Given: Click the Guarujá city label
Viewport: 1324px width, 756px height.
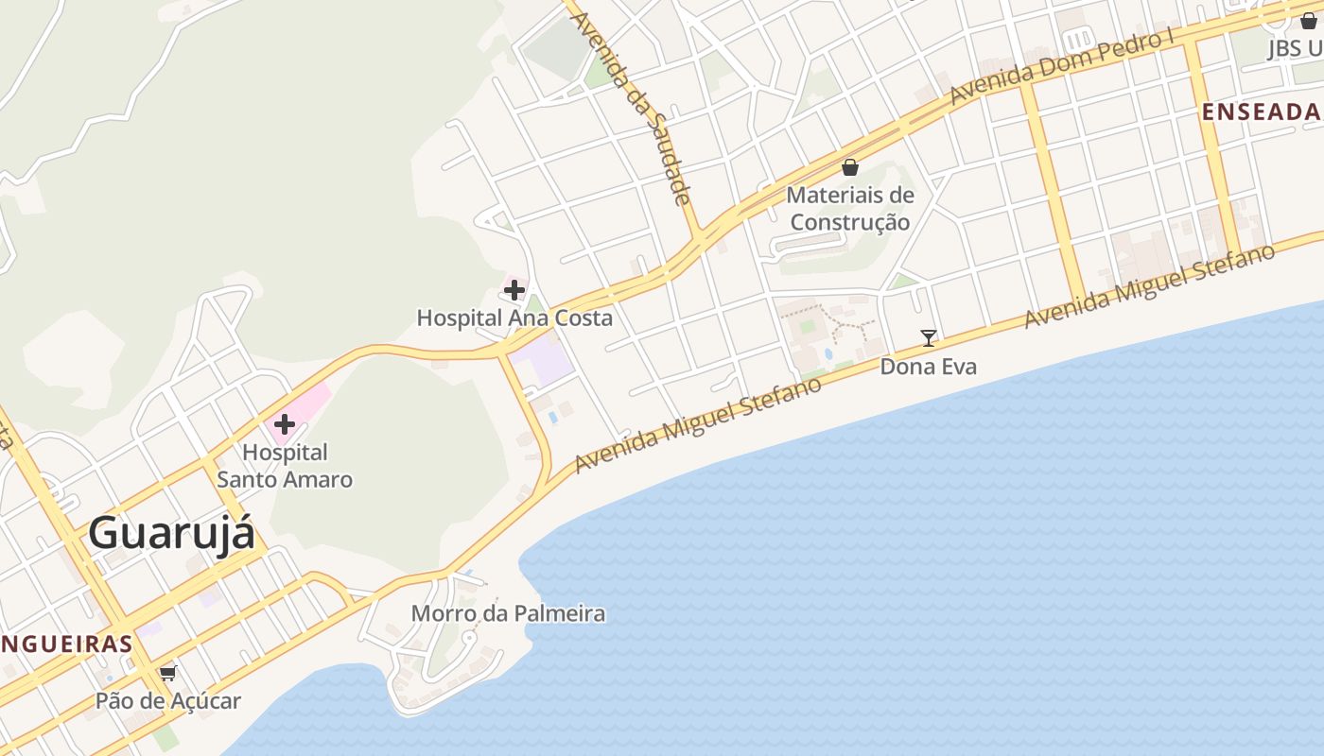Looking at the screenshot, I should (172, 534).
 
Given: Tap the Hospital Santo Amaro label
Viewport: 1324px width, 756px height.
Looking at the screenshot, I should (285, 466).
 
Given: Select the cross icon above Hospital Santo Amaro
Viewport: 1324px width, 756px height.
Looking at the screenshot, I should (285, 423).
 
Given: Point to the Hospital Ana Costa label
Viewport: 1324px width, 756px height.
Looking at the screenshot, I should (514, 318).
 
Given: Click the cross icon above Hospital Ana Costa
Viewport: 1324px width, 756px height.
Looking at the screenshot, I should (514, 289).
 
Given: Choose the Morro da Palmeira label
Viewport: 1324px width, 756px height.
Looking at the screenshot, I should (508, 613).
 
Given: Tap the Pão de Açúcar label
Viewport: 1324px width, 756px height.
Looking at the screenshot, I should (168, 701).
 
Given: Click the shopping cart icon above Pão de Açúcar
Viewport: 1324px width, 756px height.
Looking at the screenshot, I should (168, 673).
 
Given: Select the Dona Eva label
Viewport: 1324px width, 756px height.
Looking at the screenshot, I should (928, 366).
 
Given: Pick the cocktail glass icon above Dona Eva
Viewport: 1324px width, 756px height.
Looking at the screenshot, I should (929, 337).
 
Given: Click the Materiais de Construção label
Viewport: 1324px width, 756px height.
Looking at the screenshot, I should (850, 209).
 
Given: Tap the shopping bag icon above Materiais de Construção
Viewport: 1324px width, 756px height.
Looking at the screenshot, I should (850, 167).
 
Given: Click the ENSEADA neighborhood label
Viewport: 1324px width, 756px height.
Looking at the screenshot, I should (1262, 112).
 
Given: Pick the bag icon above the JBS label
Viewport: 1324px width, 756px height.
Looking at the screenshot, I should (1309, 20).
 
